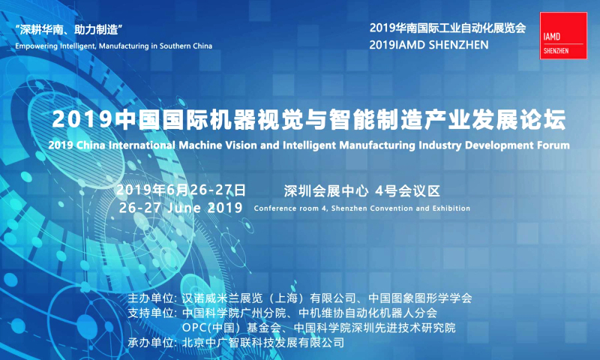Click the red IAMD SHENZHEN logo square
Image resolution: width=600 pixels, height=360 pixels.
[563, 35]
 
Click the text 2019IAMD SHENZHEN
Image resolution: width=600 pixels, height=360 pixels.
[429, 45]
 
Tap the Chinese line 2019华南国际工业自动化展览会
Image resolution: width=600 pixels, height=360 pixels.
[448, 28]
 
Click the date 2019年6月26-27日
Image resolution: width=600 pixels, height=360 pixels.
[181, 190]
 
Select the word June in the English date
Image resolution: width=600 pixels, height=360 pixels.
[184, 208]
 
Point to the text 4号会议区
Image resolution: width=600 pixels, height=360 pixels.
[408, 191]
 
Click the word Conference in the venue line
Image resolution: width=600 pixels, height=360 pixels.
[273, 208]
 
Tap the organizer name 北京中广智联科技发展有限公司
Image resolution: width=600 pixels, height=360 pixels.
[263, 342]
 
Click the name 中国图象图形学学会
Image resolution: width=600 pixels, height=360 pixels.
[420, 298]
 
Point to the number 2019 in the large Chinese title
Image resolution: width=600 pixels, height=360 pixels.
[82, 119]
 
